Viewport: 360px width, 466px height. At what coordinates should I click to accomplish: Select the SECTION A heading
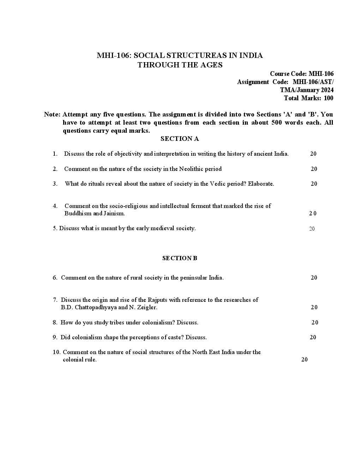pos(180,139)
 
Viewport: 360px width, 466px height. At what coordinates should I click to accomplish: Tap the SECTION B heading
pos(180,258)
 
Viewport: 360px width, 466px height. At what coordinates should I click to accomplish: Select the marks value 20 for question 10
pos(304,359)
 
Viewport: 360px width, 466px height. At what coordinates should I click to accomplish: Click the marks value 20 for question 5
pos(312,229)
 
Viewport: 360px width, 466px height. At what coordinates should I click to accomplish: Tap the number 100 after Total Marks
pos(328,98)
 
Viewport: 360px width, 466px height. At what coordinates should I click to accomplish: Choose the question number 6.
pos(55,277)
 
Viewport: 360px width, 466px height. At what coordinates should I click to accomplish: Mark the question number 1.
pos(55,154)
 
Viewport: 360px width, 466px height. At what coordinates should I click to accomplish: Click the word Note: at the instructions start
pos(52,114)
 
